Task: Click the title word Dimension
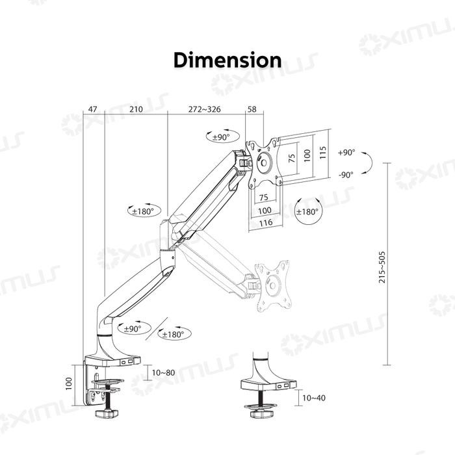point(227,60)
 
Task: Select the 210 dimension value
point(136,110)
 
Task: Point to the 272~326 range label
point(203,110)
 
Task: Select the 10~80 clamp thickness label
point(162,372)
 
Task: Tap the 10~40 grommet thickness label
point(314,397)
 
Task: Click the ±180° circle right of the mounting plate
point(307,212)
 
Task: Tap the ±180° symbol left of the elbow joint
point(142,211)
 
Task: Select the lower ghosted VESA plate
point(274,283)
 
